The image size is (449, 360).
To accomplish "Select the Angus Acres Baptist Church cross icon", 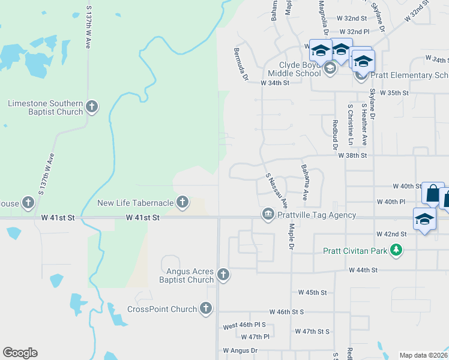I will coord(223,275).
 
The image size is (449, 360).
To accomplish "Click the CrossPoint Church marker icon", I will coord(206,309).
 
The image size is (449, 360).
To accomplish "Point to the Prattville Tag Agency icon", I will coord(268,214).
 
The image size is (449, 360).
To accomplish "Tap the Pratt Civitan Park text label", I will coord(355,251).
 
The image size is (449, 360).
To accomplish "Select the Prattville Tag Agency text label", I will coord(317,215).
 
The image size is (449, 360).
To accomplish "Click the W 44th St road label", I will coord(364,271).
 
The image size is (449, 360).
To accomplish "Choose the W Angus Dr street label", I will coord(240,350).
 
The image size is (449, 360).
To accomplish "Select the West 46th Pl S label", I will coord(244,326).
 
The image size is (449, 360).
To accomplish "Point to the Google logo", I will coord(20,353).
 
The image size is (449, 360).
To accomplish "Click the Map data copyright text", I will coord(423,355).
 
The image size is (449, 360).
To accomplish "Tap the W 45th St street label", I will coord(312,293).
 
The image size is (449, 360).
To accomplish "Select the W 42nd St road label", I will coord(391,233).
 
